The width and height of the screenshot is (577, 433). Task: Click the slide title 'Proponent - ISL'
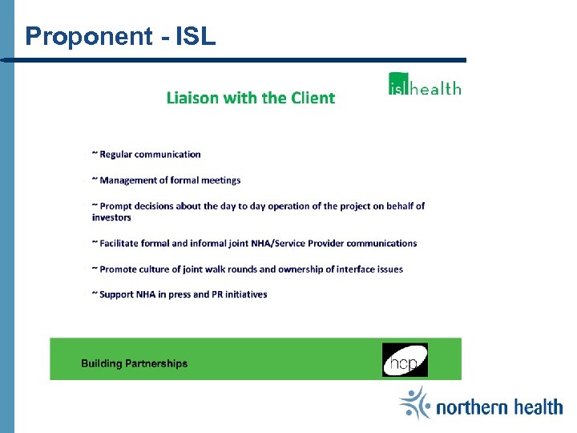(x=120, y=36)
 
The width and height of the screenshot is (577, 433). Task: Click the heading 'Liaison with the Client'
(x=250, y=98)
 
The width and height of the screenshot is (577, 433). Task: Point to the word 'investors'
(x=111, y=217)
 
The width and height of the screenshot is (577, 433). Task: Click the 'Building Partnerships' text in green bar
(x=134, y=363)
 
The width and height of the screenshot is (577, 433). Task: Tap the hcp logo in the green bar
(x=405, y=360)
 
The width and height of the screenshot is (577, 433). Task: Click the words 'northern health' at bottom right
(x=499, y=407)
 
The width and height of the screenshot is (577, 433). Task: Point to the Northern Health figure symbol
(x=415, y=403)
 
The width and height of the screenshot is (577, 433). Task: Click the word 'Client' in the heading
(x=313, y=98)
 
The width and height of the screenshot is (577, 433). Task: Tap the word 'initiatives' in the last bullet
(x=245, y=294)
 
